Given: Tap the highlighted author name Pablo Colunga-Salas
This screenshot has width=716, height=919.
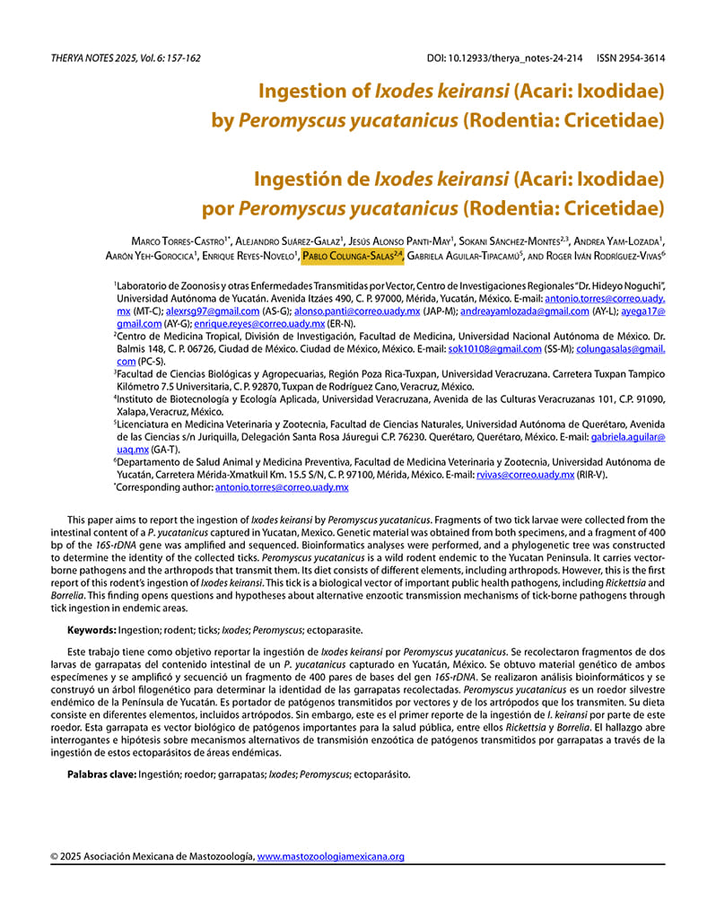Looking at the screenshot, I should click(x=350, y=257).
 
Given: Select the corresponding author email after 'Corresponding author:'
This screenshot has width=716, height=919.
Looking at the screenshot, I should click(x=281, y=487).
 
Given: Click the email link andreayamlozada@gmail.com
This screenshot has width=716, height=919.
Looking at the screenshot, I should click(x=525, y=311).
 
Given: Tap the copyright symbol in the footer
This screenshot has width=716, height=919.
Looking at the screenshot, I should click(x=54, y=856).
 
